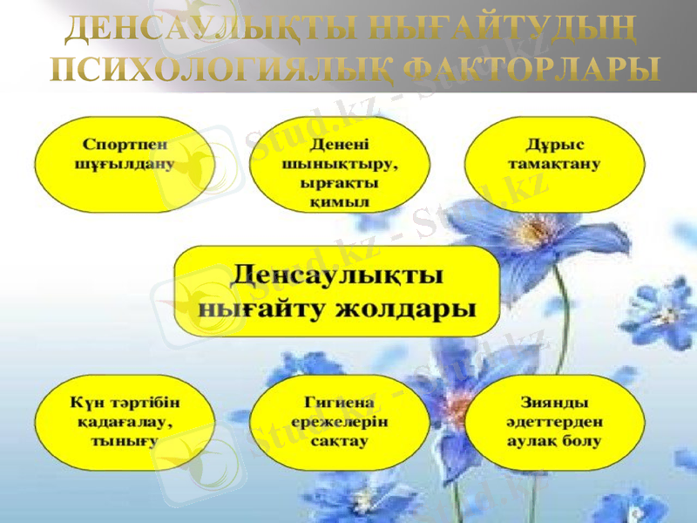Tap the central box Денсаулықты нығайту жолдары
[x=337, y=291]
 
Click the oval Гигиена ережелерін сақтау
[x=340, y=422]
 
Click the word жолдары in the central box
[x=410, y=308]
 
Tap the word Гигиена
[x=340, y=403]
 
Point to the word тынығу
[x=125, y=441]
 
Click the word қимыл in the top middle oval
[x=340, y=201]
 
